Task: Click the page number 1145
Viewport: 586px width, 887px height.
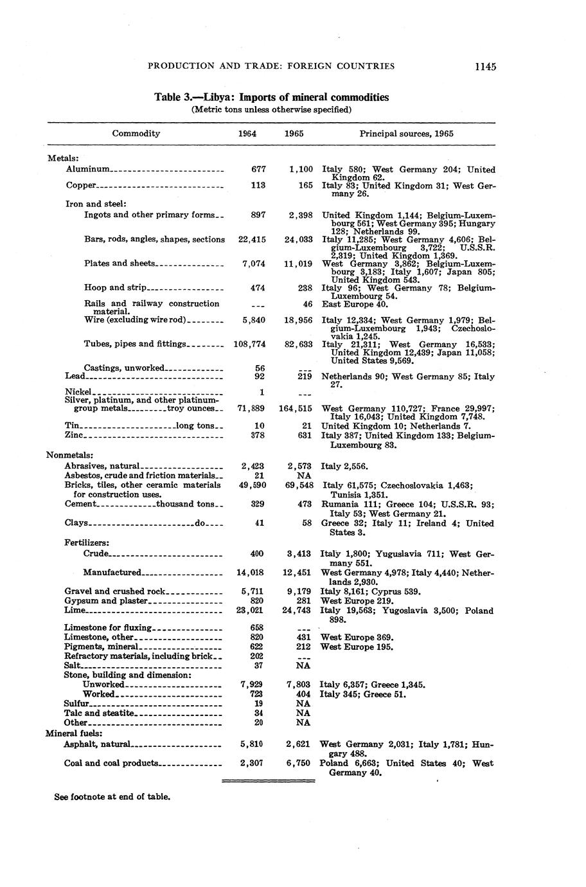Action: [x=485, y=66]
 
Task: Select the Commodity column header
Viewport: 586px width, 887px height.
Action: [x=136, y=134]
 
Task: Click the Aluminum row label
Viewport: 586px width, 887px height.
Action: [x=88, y=170]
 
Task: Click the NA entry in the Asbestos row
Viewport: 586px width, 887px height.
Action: [x=304, y=476]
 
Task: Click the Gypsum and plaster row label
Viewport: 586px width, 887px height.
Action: [x=106, y=600]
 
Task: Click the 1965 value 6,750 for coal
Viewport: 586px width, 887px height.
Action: [x=300, y=764]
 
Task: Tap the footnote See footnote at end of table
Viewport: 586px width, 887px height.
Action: [x=112, y=797]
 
